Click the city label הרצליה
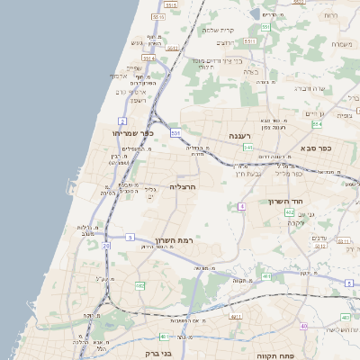(182, 186)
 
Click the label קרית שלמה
(218, 31)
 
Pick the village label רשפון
(138, 100)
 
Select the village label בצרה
(251, 71)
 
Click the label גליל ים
(152, 192)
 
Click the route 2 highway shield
(122, 120)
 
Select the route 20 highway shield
(106, 245)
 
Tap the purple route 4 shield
(241, 207)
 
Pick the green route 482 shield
(140, 286)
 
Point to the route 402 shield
(289, 212)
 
